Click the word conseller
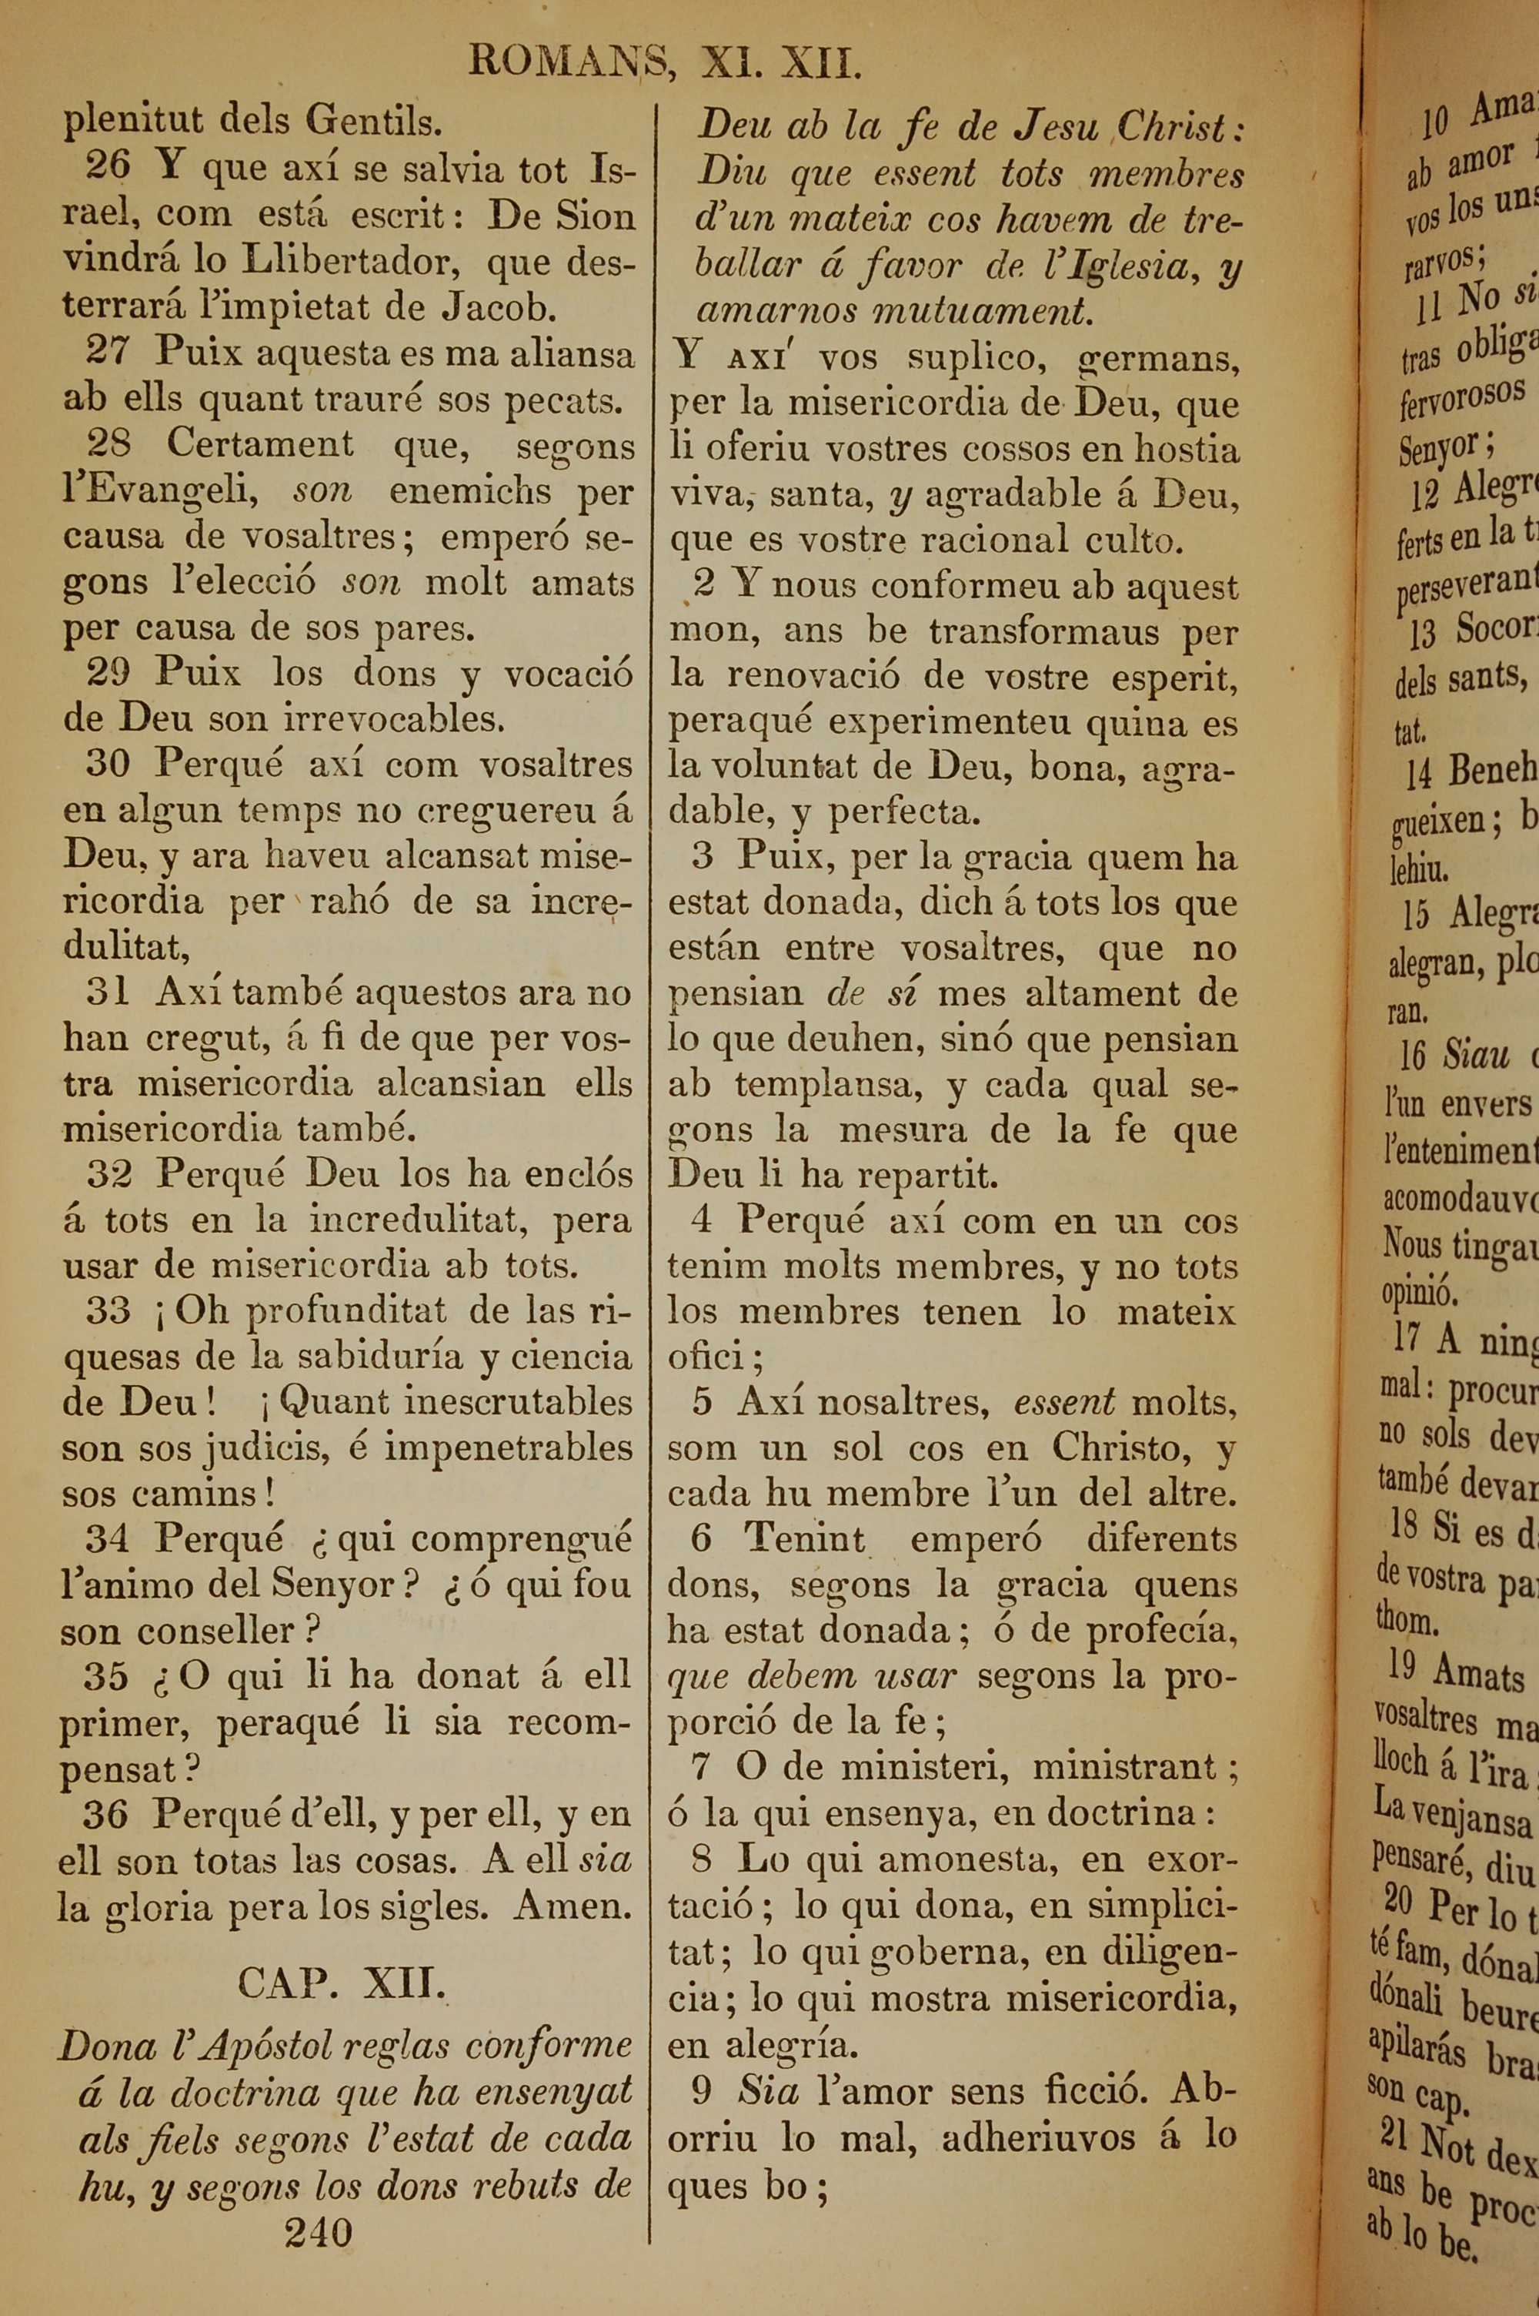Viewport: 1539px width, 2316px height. coord(216,1631)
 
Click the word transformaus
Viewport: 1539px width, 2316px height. coord(1045,631)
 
